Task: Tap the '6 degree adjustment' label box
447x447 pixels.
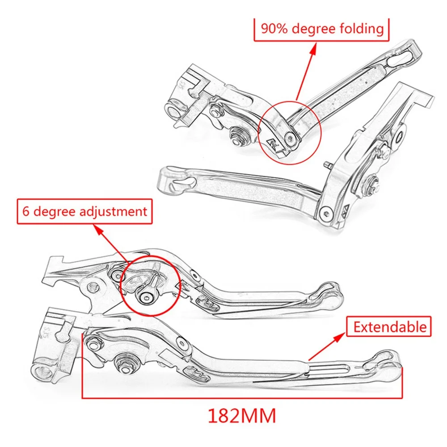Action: click(84, 211)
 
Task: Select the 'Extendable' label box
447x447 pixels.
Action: click(390, 327)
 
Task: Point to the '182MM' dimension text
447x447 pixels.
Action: click(241, 416)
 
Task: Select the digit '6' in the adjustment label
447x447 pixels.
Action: click(26, 211)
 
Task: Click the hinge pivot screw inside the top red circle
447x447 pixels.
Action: click(291, 139)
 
